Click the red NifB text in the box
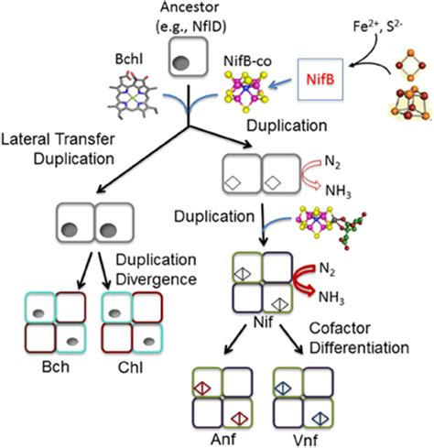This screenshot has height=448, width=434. click(x=320, y=80)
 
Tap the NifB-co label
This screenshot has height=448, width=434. click(x=247, y=61)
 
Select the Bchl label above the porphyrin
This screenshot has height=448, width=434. click(x=129, y=59)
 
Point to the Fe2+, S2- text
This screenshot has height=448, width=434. click(x=378, y=26)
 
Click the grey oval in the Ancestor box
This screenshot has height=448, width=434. click(x=181, y=63)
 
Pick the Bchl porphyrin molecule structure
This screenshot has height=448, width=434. click(x=133, y=93)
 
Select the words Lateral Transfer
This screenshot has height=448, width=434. click(x=58, y=139)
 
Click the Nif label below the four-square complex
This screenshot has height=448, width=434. click(x=263, y=322)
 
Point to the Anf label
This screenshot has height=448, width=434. click(x=223, y=440)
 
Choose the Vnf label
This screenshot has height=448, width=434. click(x=306, y=441)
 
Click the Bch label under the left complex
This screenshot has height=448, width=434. click(x=56, y=367)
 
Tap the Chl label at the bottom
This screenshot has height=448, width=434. click(x=131, y=367)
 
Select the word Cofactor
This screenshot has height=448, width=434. click(x=340, y=329)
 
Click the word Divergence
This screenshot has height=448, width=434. click(x=156, y=279)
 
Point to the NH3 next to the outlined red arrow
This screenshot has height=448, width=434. click(x=338, y=191)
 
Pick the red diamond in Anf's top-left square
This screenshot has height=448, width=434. click(x=202, y=388)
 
